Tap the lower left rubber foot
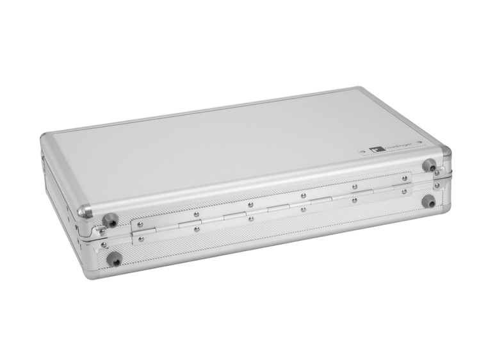point(115,259)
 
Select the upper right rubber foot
point(427,165)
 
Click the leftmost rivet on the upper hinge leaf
point(140,224)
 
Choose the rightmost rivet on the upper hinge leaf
point(404,179)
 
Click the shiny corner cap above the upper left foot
point(85,212)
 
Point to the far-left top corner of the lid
point(45,140)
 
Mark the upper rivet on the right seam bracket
point(437,174)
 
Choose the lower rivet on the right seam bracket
point(437,186)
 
